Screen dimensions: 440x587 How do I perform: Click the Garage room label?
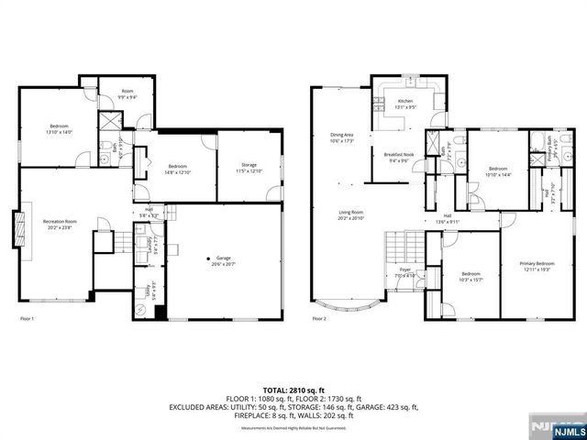[223, 260]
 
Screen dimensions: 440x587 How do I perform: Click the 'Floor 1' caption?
[28, 318]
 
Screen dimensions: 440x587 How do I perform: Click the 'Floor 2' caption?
[319, 318]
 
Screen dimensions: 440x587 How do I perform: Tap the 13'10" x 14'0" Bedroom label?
[59, 129]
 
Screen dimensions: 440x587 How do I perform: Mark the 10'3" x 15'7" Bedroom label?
[471, 277]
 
